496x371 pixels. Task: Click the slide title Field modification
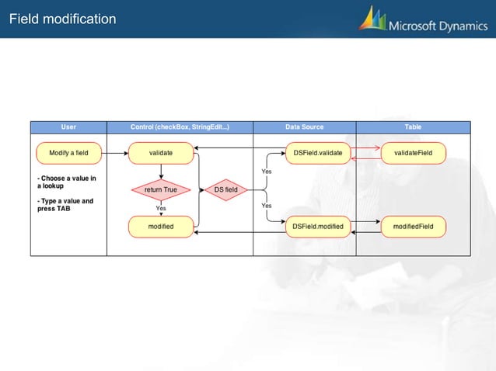63,19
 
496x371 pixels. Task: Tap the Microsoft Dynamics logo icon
372,19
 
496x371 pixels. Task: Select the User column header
68,127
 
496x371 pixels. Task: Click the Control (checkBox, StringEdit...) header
180,127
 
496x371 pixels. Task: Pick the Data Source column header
305,127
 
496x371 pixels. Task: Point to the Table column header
413,127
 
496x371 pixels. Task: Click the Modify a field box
68,154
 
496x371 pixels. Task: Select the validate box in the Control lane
161,154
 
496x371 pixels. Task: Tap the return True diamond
161,189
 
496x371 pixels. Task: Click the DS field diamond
226,189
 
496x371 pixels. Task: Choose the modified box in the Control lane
161,227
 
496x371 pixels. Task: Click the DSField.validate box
317,154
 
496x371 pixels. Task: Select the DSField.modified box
317,227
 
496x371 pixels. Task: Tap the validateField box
413,154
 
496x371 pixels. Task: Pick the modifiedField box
413,227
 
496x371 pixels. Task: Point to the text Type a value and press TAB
65,205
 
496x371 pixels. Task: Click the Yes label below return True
161,208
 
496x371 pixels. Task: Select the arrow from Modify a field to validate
115,154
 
